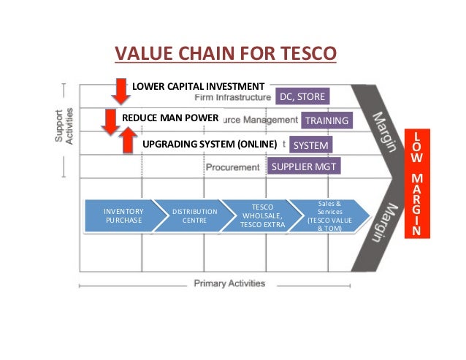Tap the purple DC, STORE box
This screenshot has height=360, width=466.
coord(302,96)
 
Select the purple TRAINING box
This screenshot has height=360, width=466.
coord(326,120)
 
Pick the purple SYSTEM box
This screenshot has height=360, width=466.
coord(311,145)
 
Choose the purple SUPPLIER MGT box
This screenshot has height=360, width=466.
coord(304,166)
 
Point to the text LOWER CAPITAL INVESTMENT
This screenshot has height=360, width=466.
coord(197,86)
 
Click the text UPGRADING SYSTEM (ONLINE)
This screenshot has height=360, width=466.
coord(210,144)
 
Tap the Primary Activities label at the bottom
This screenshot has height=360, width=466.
coord(229,283)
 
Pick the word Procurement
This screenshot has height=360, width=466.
coord(232,167)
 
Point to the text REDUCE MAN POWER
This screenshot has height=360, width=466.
coord(170,117)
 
